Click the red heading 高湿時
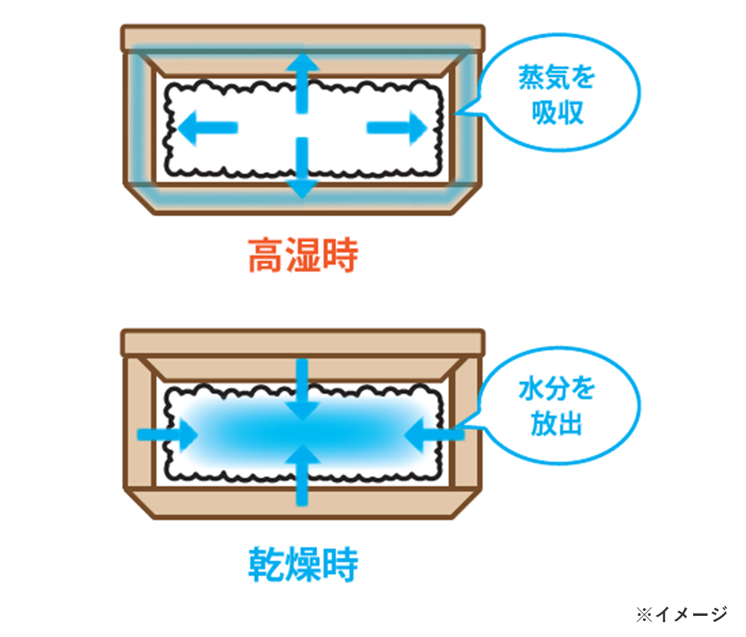tap(303, 255)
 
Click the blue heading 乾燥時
tap(303, 564)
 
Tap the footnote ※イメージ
tap(681, 614)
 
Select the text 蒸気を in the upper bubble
tap(556, 77)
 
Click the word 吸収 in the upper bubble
tap(558, 112)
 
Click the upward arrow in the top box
tap(302, 83)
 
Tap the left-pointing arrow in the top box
tap(208, 127)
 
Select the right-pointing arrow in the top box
tap(397, 127)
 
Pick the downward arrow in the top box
tap(302, 168)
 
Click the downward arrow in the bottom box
tap(302, 390)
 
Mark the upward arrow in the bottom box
tap(302, 475)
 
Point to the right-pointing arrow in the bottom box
tap(167, 434)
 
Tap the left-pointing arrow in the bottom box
tap(434, 434)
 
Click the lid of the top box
tap(303, 39)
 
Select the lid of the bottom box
tap(303, 342)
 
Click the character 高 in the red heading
tap(265, 255)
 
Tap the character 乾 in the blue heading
tap(266, 564)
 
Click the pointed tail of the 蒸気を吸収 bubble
tap(456, 114)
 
